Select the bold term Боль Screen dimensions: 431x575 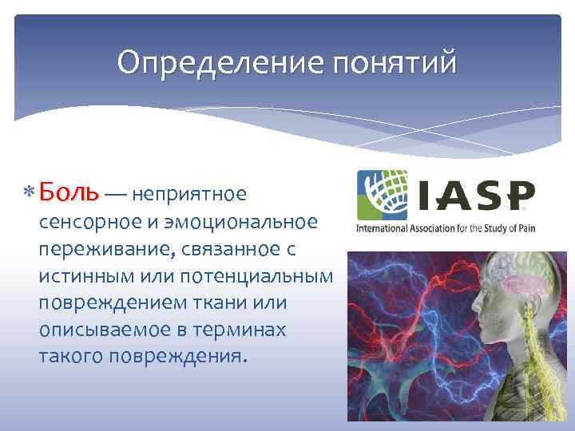coord(68,192)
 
